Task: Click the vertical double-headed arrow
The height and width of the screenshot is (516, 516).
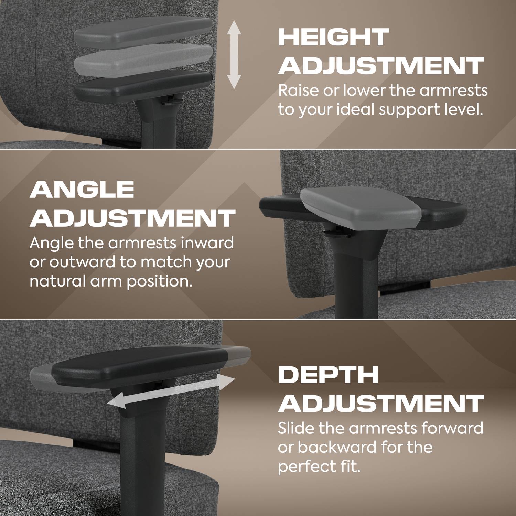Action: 234,55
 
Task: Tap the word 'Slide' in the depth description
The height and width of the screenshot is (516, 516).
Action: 295,428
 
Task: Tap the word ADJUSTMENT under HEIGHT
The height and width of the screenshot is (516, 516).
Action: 381,66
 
